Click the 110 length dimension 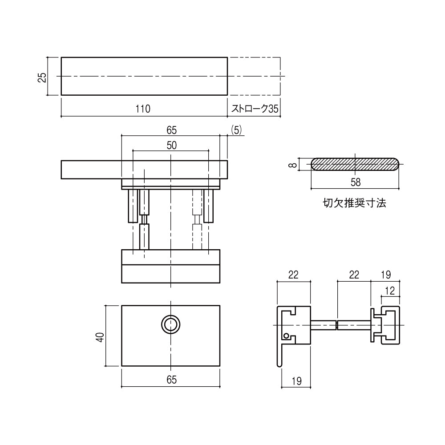143,109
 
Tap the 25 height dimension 42,77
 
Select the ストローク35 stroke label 255,109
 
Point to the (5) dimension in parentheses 236,130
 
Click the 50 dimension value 172,146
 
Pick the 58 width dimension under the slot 355,182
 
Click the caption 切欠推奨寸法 355,203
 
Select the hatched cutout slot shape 355,164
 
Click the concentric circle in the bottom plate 170,324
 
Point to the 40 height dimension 101,337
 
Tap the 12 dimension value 390,291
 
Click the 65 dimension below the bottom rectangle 172,380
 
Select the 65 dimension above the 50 172,130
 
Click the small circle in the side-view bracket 286,336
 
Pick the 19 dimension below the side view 296,381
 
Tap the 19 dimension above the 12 386,275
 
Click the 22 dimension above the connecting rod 354,275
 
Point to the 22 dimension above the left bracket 293,275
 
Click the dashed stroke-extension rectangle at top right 254,76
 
